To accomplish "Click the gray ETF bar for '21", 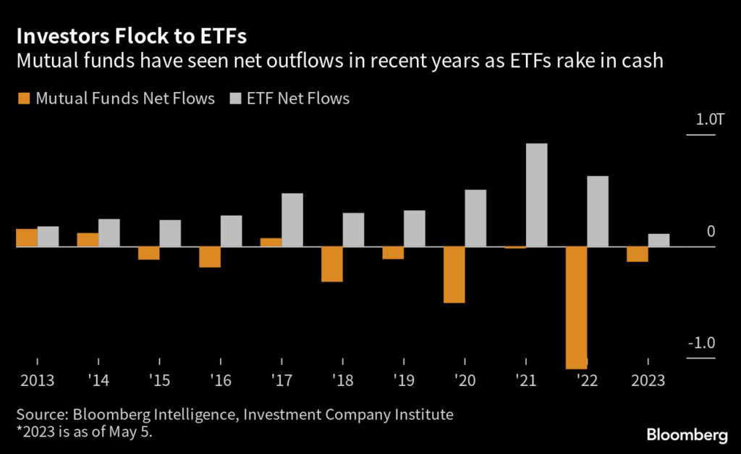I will (536, 196).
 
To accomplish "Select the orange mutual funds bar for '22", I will (577, 308).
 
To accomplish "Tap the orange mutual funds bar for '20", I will (454, 275).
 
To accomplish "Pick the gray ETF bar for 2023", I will (659, 240).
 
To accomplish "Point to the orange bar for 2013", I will (27, 238).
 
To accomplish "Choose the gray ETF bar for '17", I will (292, 220).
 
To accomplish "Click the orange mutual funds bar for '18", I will (332, 264).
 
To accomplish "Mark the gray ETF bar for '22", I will (598, 211).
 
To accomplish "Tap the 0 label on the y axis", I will (711, 232).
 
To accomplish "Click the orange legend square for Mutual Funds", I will (21, 98).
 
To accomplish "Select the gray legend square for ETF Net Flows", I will (235, 98).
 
